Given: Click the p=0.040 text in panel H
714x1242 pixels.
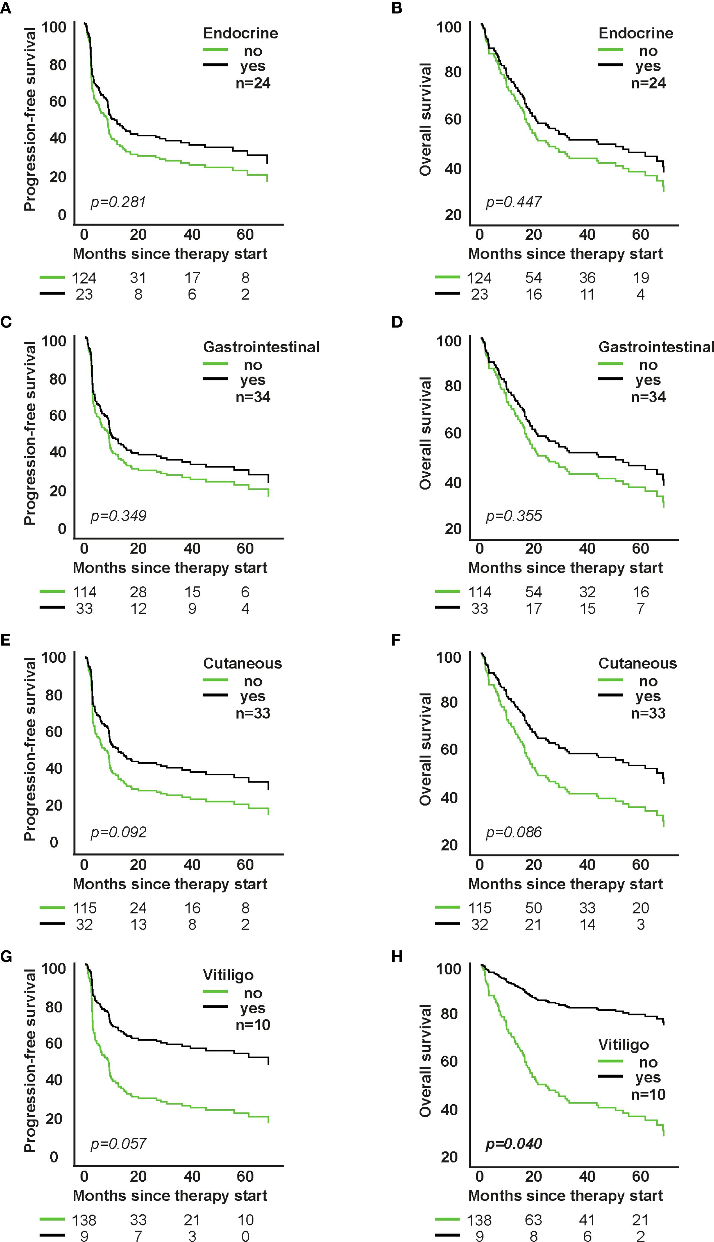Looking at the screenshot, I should pos(513,1144).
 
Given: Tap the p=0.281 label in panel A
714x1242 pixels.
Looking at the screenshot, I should pos(118,202).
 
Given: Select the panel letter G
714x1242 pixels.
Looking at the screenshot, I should pos(6,956).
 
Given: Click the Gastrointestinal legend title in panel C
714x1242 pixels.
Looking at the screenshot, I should pos(261,347).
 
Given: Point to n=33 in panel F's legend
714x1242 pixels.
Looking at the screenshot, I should pos(648,713).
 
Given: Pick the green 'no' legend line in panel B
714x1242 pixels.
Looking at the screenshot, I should pos(610,50).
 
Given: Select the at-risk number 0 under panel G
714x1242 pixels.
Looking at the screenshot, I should pos(245,1236).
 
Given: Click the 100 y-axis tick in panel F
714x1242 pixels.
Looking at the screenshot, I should pos(449,657).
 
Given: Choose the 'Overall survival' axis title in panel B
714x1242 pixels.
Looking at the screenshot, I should pos(425,119).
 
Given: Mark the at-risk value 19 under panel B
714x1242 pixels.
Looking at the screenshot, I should pos(641,278).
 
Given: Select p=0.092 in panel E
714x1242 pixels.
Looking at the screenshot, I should pos(118,832).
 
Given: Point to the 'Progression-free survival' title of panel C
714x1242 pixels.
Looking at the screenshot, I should pos(30,433).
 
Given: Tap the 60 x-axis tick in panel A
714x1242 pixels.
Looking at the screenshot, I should pos(245,235).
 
